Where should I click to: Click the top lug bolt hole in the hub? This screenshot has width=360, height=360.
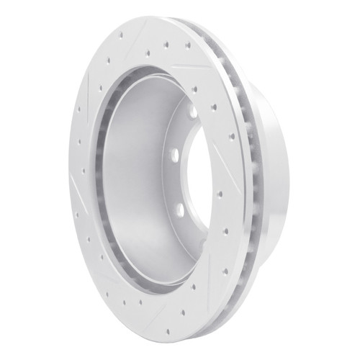(x=193, y=112)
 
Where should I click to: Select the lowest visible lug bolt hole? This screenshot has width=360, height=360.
(x=179, y=210)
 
